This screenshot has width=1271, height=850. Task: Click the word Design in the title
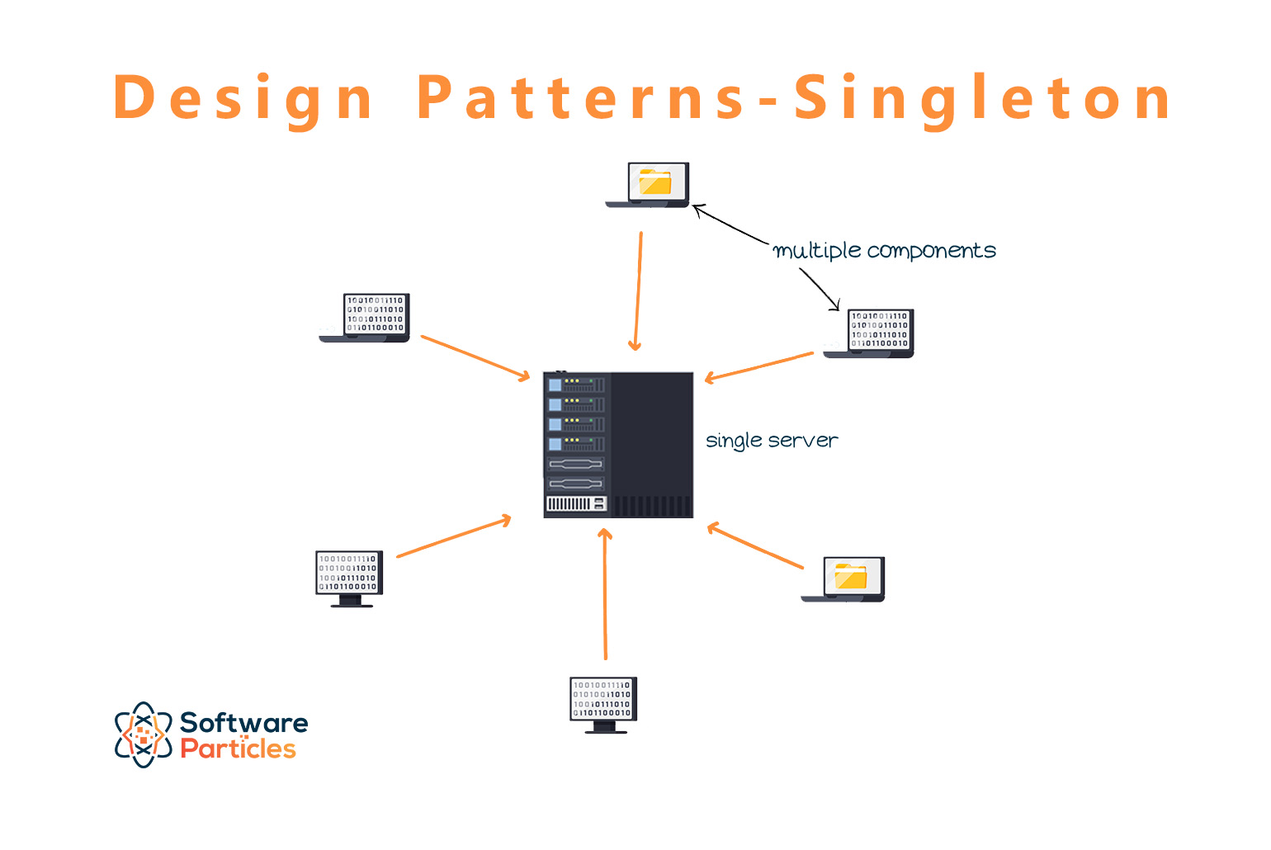click(243, 98)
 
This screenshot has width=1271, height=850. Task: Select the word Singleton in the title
click(981, 98)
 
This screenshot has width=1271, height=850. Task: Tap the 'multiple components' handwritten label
click(884, 251)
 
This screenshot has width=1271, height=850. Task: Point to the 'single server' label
click(772, 441)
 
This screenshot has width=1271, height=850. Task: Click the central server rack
click(618, 445)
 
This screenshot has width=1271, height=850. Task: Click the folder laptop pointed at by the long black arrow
click(649, 186)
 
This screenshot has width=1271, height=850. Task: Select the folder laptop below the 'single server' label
click(844, 579)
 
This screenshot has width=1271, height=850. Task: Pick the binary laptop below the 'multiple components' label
click(871, 333)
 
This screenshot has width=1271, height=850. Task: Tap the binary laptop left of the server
click(366, 318)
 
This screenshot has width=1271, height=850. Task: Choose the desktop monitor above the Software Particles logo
click(350, 578)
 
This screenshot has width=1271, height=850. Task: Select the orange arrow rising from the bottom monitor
click(605, 594)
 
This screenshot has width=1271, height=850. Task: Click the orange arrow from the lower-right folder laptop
click(755, 545)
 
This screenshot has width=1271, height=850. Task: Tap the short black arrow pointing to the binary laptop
click(820, 290)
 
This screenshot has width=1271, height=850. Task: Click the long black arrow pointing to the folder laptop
click(730, 224)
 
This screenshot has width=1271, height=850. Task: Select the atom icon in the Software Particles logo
click(143, 734)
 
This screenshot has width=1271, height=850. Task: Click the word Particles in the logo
click(238, 749)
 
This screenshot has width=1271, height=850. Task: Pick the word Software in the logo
click(243, 723)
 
